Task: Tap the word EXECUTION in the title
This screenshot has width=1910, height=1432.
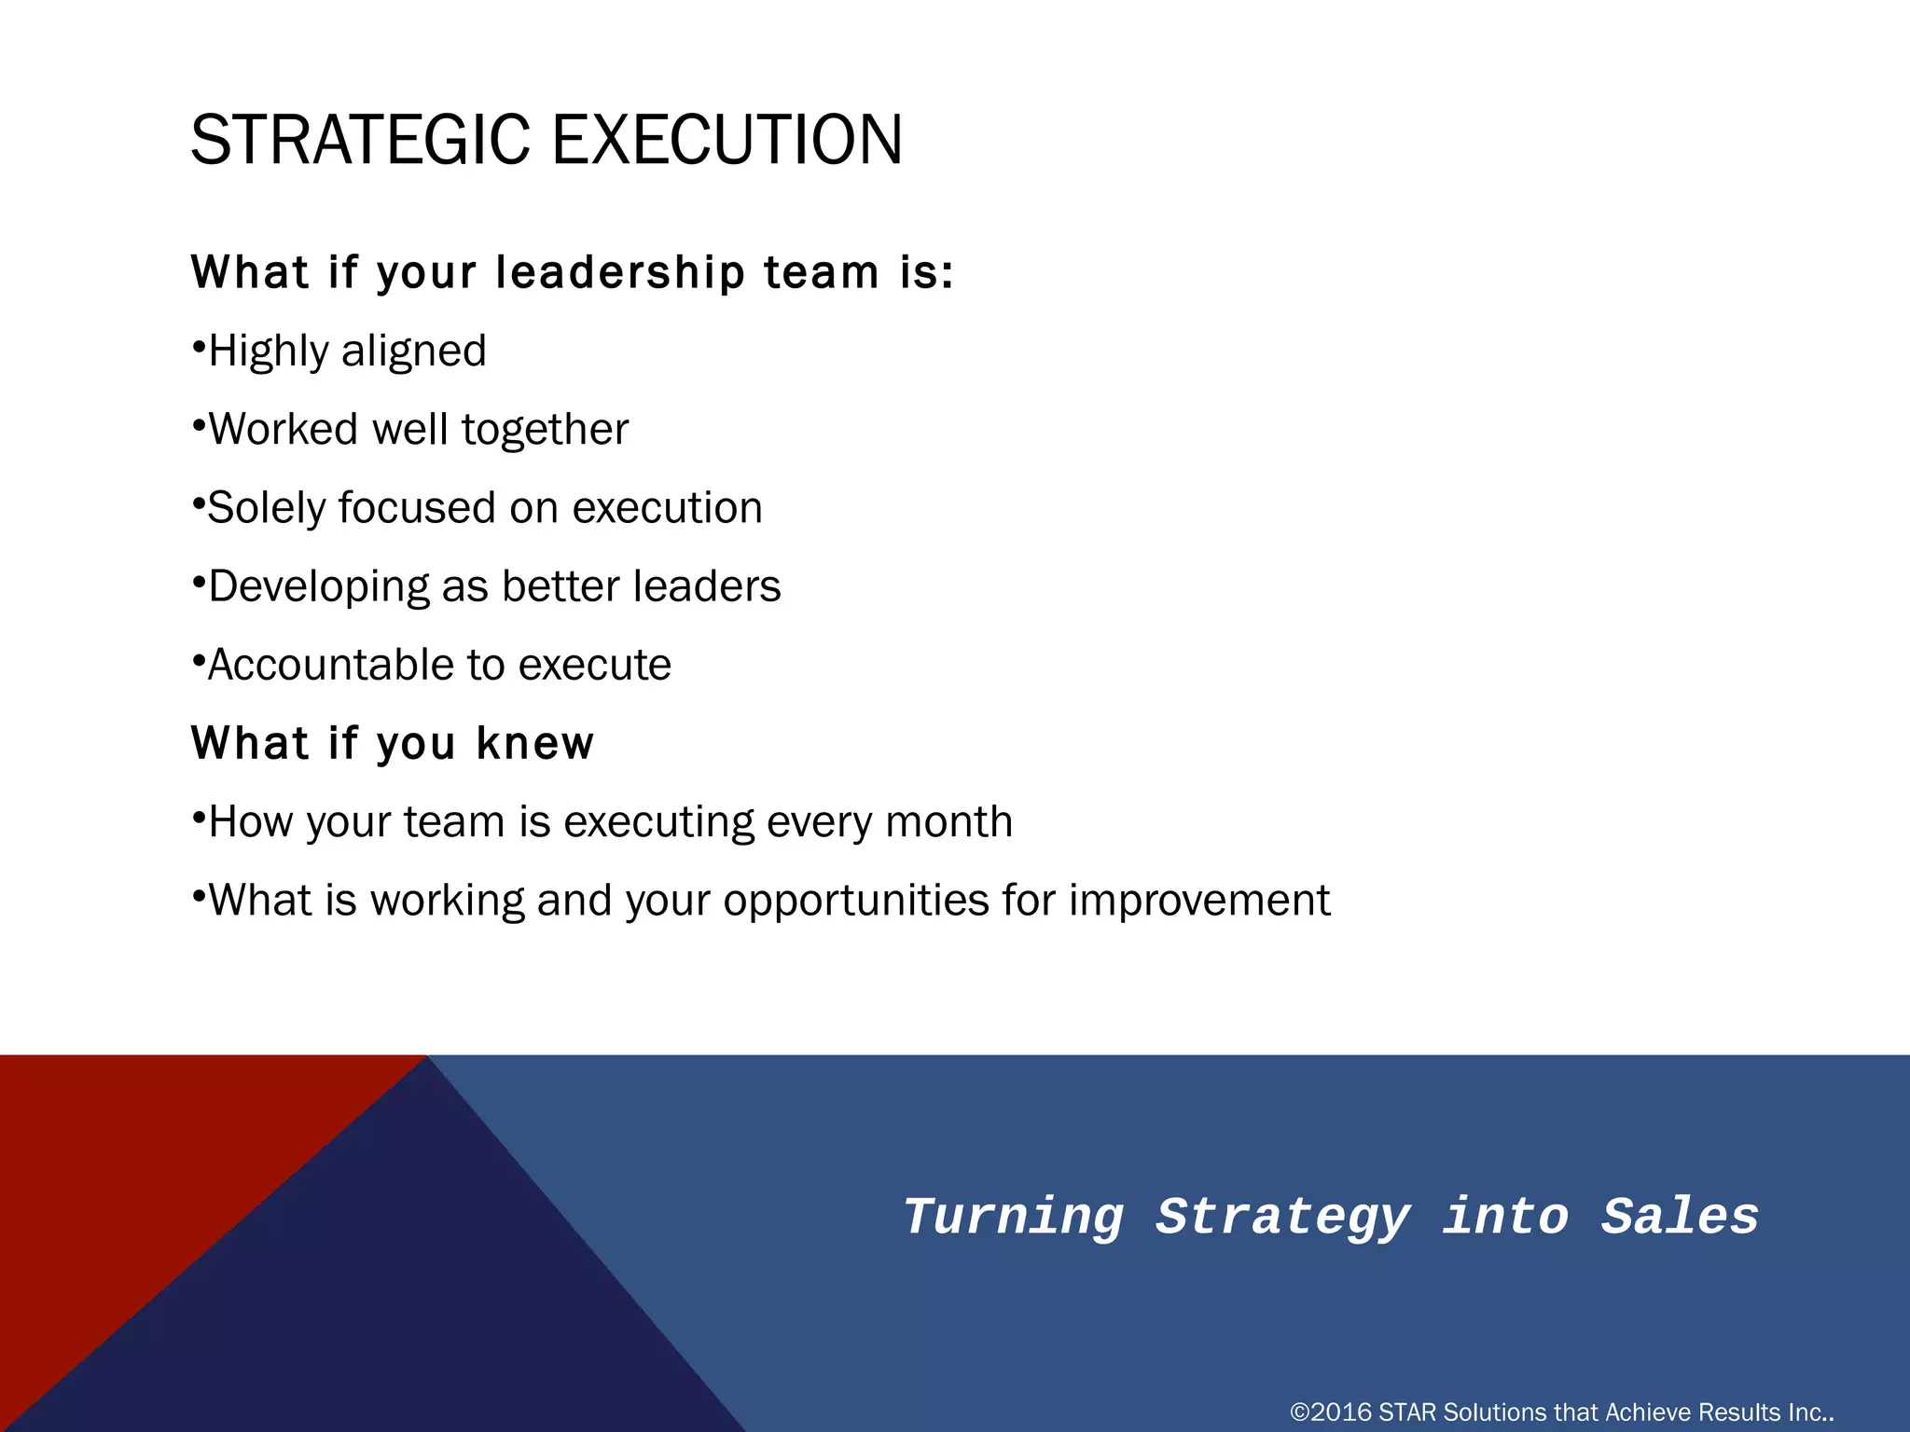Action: [727, 140]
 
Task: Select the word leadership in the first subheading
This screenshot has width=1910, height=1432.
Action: [620, 273]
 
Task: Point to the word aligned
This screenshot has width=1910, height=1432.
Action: [413, 352]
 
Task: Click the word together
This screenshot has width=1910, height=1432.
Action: [545, 430]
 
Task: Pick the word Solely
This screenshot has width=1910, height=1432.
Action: [266, 509]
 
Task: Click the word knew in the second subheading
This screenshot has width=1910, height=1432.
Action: [534, 744]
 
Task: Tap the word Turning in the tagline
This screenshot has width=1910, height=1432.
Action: [1014, 1218]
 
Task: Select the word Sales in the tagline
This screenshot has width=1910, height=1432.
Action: [1680, 1218]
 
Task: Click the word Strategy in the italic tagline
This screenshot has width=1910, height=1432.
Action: [1283, 1218]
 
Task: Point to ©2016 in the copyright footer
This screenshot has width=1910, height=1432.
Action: [1330, 1412]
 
